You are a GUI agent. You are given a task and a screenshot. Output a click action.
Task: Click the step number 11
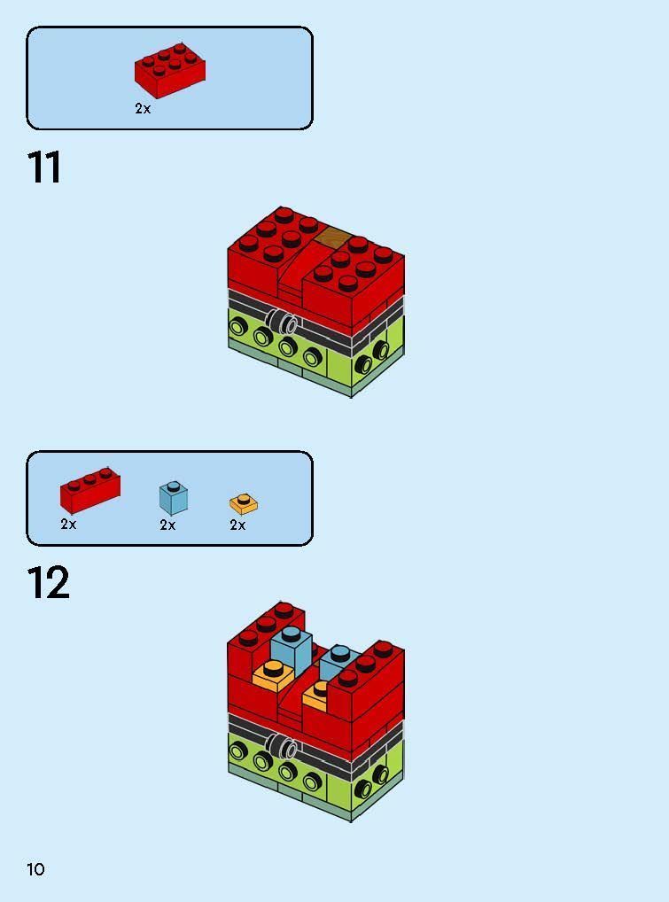coord(44,167)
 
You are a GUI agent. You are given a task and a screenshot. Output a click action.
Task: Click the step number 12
coord(48,584)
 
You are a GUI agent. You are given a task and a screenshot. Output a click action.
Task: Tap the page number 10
coord(35,869)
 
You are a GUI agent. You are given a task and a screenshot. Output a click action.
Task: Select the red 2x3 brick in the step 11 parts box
coord(171,71)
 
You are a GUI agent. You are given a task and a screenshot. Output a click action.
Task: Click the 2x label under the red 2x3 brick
coord(143,109)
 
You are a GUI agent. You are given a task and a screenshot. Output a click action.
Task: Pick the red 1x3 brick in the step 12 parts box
coord(89,492)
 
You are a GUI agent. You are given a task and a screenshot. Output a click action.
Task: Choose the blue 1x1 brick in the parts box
coord(174,498)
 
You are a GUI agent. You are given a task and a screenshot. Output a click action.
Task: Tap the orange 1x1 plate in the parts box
coord(243,504)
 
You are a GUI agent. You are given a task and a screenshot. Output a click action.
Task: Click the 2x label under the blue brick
coord(167,525)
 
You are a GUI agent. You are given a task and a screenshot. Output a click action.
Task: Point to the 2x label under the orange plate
coord(237,525)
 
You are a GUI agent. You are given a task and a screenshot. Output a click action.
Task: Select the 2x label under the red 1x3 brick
coord(68,525)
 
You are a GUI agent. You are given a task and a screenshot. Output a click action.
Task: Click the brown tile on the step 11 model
coord(334,237)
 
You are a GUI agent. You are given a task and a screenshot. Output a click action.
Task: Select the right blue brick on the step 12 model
coord(339,662)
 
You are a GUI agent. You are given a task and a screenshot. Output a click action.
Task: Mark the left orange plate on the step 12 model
coord(272,676)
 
